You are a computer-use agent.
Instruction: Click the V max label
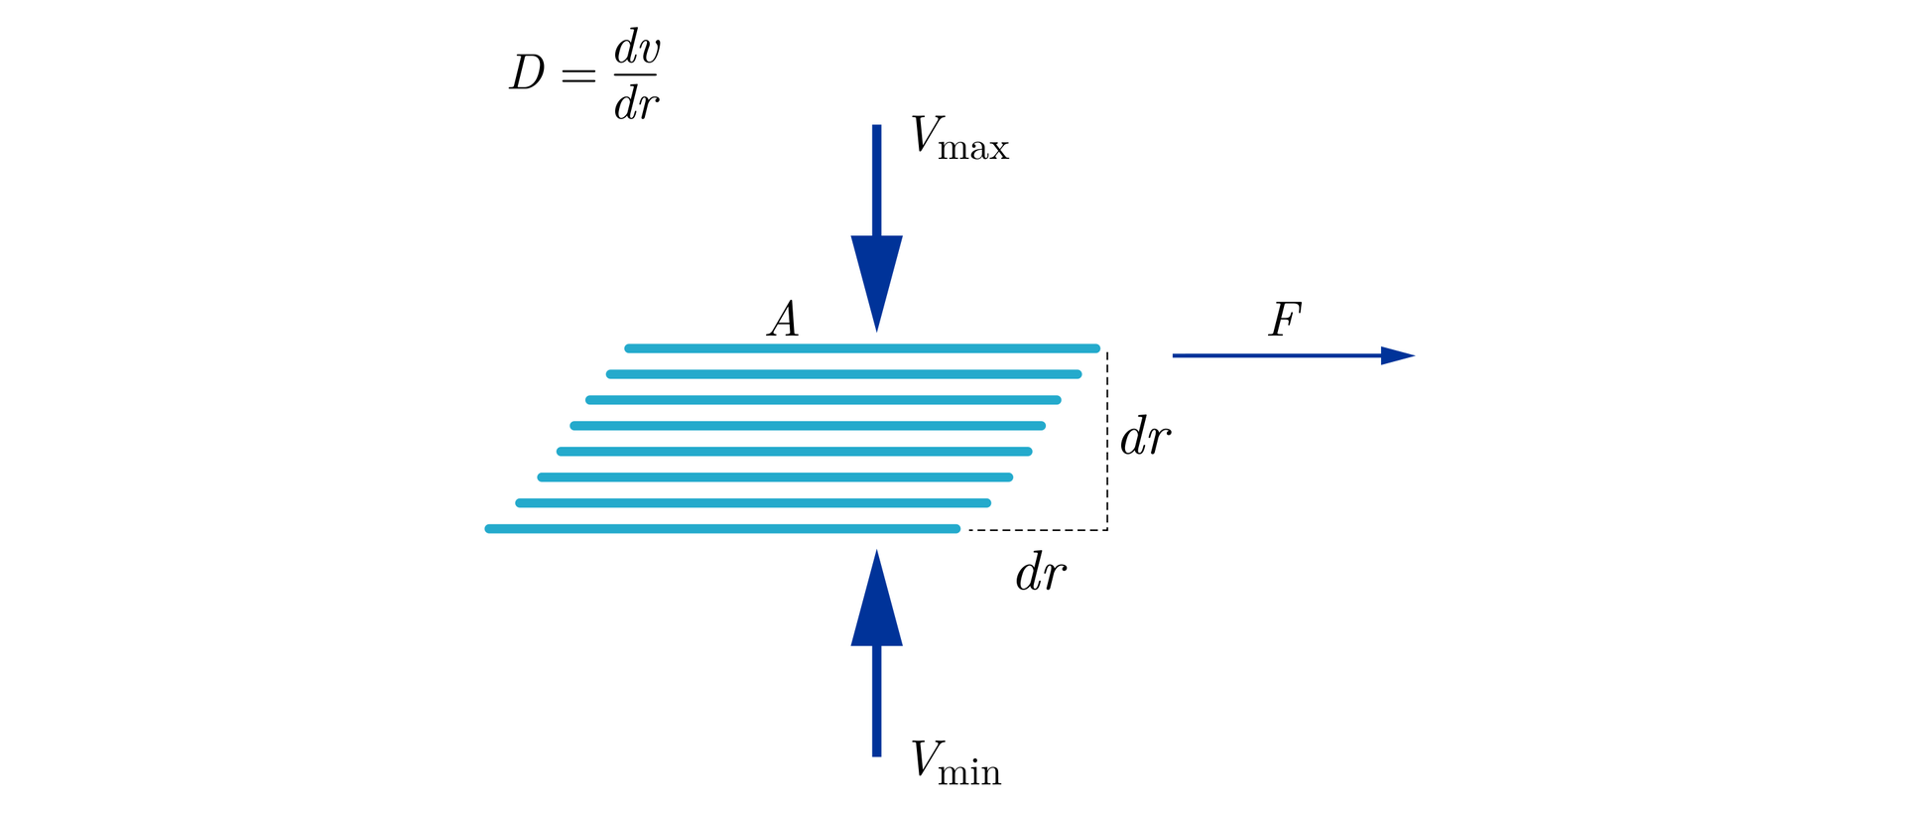coord(958,138)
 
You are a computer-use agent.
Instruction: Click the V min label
coord(955,763)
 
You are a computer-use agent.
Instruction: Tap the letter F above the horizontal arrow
coord(1285,320)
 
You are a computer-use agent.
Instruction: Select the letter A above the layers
coord(783,320)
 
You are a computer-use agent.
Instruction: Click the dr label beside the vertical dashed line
coord(1145,437)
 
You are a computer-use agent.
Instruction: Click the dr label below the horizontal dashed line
coord(1041,573)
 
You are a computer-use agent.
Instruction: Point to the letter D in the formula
coord(528,73)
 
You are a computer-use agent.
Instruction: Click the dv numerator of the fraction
coord(637,47)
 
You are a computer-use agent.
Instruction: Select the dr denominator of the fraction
coord(636,102)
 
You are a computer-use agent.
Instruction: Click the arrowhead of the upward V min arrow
coord(876,602)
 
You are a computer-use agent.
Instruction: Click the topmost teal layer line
coord(861,348)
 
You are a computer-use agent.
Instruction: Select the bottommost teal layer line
coord(722,529)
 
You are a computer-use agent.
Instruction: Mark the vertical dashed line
coord(1107,441)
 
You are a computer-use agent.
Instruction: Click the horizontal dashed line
coord(1037,530)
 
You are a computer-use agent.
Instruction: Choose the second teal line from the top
coord(843,374)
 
